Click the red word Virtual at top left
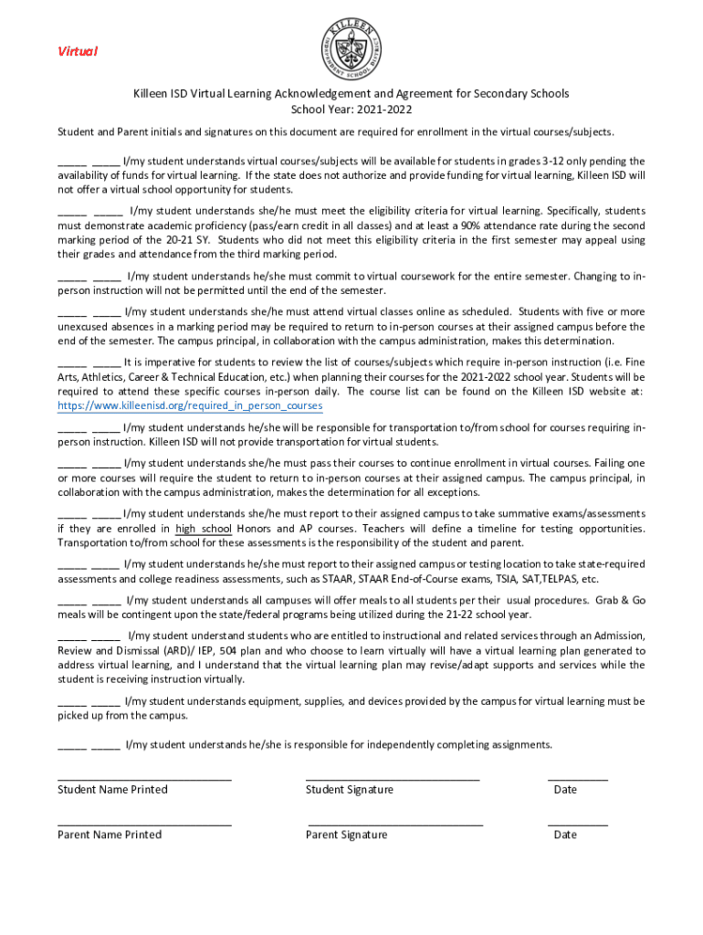78,51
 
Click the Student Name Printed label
112,790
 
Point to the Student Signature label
350,790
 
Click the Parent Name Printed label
110,835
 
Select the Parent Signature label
346,835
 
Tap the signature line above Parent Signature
395,825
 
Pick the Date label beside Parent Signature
565,835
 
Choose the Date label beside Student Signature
565,790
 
